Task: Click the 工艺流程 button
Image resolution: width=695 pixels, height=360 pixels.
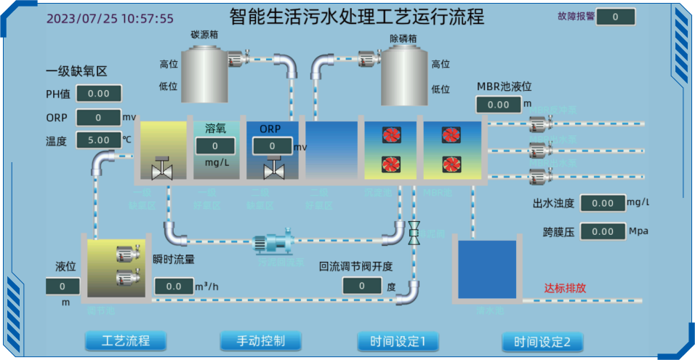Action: click(126, 340)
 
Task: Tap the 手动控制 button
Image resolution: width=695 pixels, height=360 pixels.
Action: click(260, 340)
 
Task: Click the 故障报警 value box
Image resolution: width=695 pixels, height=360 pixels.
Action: click(615, 17)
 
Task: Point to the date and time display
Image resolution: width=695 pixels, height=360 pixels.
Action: click(110, 19)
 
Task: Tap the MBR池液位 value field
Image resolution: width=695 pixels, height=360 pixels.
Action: click(499, 105)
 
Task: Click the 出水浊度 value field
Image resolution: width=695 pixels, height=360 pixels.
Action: click(603, 203)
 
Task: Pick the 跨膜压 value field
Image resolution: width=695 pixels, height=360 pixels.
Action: click(603, 231)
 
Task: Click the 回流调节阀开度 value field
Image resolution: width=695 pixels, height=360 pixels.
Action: click(362, 286)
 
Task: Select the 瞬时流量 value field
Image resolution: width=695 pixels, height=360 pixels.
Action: click(173, 286)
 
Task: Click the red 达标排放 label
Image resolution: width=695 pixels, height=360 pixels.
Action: click(565, 288)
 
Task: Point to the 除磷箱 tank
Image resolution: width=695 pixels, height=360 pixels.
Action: click(403, 76)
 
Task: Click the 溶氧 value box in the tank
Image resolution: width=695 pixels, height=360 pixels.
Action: click(214, 146)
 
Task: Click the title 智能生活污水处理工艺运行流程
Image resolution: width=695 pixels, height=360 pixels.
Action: click(356, 17)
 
